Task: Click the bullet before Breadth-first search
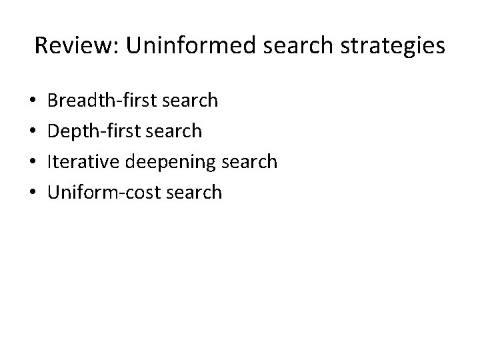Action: (34, 101)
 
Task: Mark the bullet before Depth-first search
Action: (34, 132)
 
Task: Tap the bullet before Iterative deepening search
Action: (34, 163)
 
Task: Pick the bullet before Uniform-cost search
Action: (34, 193)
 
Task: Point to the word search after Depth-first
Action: (172, 131)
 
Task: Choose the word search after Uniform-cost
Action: (192, 193)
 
